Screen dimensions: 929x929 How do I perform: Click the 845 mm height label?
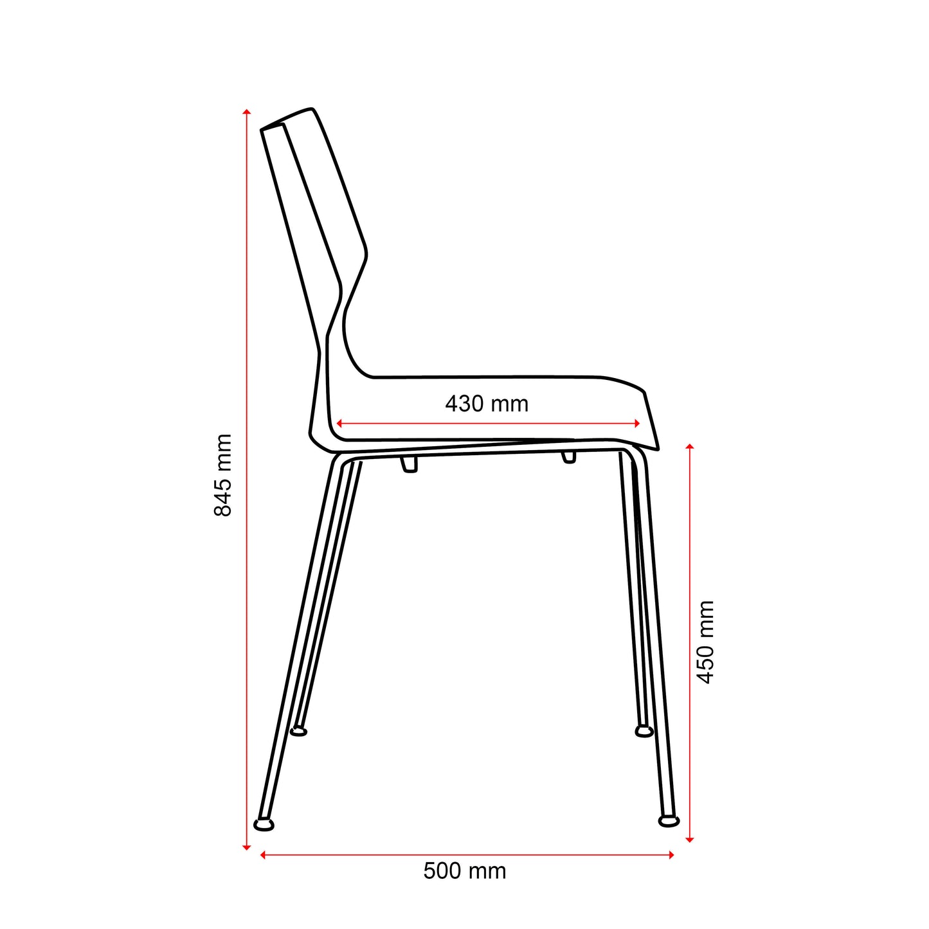point(222,475)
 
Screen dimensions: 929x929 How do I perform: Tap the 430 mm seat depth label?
point(487,404)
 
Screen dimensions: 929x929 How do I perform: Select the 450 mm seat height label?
point(705,642)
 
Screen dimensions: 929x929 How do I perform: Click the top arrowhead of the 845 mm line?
point(246,112)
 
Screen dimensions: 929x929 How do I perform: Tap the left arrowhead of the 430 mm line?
point(339,424)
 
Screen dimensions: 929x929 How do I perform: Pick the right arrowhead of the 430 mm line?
point(637,424)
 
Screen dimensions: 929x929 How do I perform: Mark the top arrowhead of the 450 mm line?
point(689,447)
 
